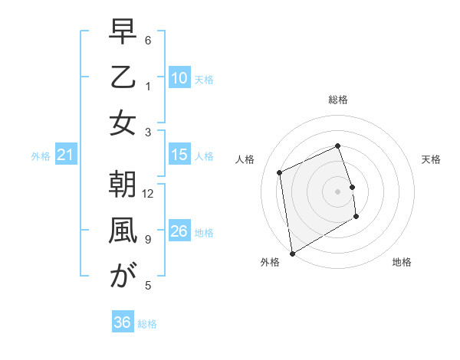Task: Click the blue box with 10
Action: tap(179, 78)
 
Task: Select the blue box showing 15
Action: tap(179, 155)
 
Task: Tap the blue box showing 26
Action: tap(179, 231)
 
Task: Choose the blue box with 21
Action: tap(65, 155)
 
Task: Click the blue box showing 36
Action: tap(122, 322)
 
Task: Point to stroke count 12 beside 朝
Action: tap(149, 193)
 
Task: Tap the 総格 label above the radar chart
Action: tap(337, 100)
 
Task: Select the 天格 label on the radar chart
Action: tap(431, 159)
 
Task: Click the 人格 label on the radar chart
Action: tap(245, 159)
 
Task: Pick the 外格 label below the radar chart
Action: tap(270, 262)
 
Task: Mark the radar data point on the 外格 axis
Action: tap(292, 253)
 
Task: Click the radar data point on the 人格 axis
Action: tap(280, 172)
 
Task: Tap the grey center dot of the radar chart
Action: tap(337, 191)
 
